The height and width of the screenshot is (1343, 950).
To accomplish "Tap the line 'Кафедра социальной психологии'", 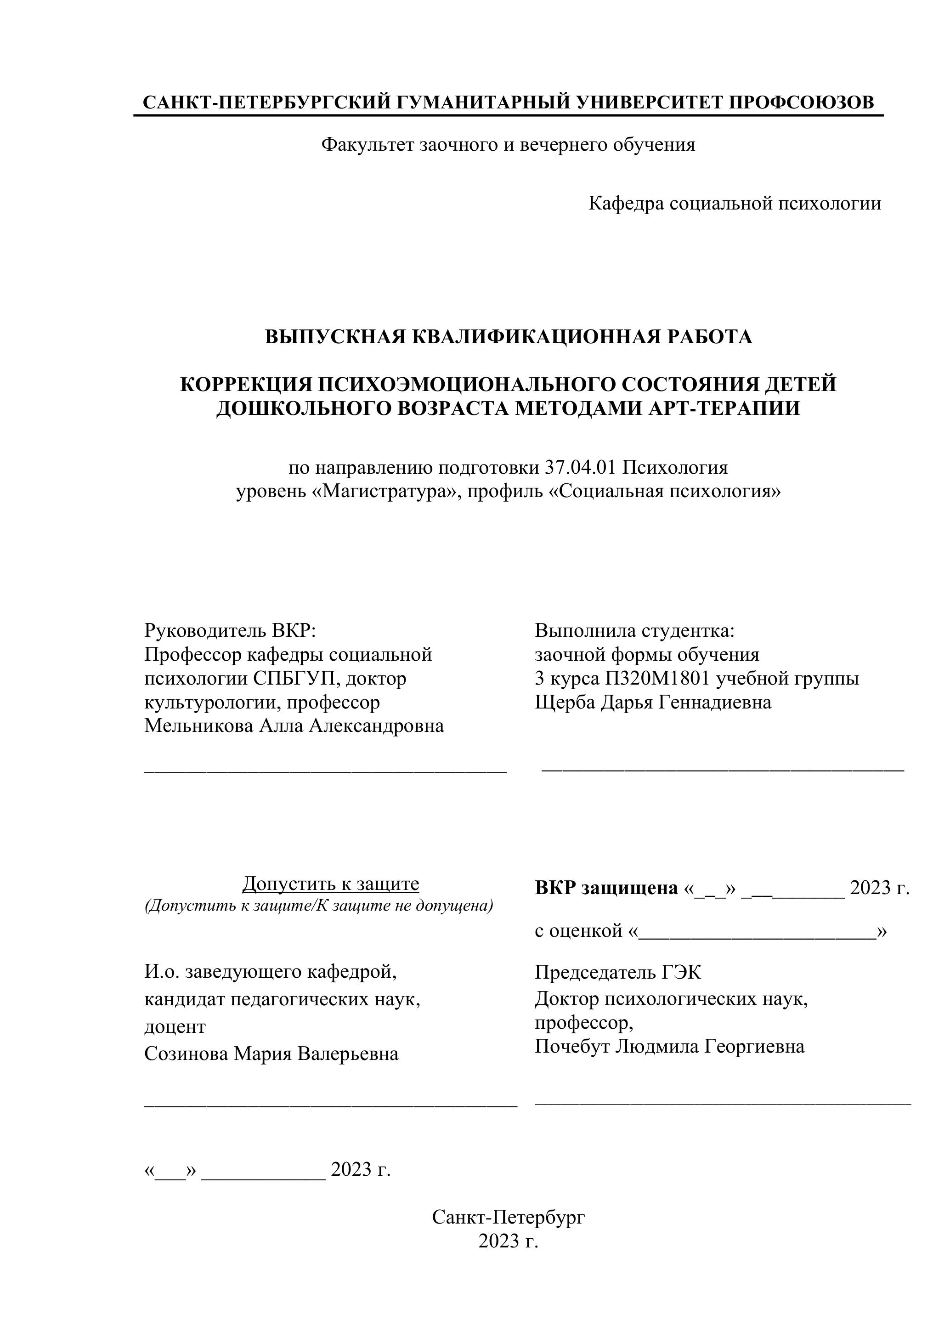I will [x=734, y=204].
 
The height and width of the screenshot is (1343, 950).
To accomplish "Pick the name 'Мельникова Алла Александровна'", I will [x=294, y=726].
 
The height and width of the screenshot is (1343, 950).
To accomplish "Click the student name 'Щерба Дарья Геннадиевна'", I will [x=653, y=702].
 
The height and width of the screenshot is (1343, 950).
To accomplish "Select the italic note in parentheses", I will [x=319, y=906].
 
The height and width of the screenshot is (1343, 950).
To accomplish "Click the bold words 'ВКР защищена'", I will [x=605, y=888].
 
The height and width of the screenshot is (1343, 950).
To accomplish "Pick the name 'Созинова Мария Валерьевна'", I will [x=271, y=1054].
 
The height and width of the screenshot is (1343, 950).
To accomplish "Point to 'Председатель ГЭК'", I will [x=618, y=972].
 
